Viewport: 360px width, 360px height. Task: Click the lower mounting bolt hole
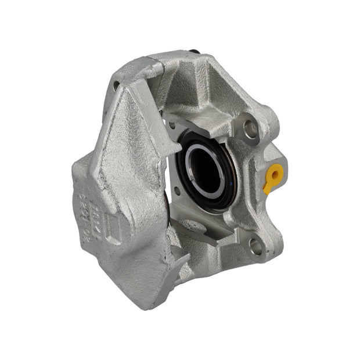255,246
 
